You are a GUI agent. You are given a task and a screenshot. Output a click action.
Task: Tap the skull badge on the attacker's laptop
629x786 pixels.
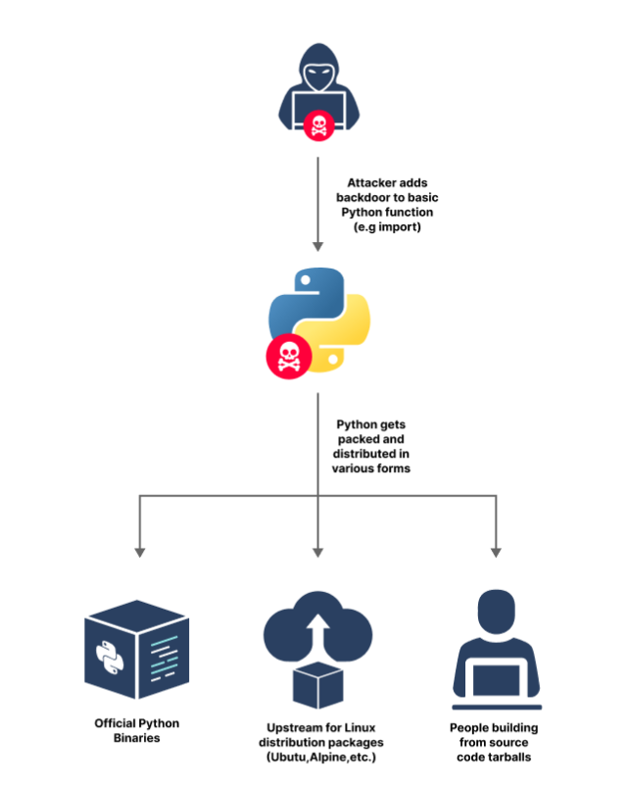click(x=316, y=124)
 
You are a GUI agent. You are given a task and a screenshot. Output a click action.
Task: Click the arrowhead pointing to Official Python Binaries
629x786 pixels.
click(x=139, y=551)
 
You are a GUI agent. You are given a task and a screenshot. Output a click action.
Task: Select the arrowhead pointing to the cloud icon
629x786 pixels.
click(x=316, y=551)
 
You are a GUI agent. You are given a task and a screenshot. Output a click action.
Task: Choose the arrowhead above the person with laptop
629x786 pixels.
click(x=495, y=551)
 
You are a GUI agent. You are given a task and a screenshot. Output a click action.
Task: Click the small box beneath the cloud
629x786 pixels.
click(x=315, y=685)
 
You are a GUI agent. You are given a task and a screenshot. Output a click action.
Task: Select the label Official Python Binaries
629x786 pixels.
click(x=137, y=730)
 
